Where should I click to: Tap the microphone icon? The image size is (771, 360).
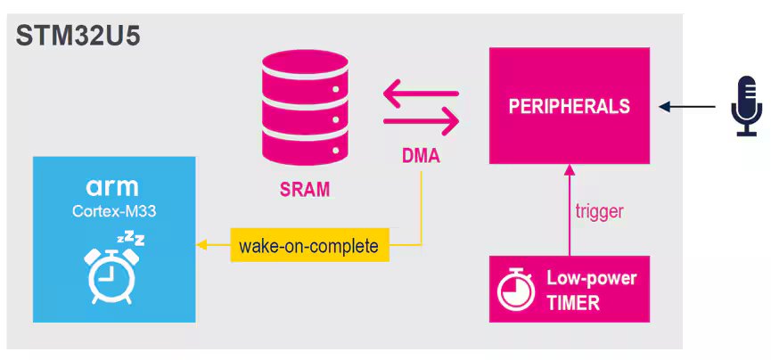coord(746,107)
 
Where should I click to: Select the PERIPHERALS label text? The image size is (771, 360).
coord(569,106)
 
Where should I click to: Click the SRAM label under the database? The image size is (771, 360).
coord(304,188)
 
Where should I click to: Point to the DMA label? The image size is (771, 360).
coord(419,158)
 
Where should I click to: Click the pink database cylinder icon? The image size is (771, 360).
coord(304,106)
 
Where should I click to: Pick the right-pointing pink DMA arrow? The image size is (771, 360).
coord(420,120)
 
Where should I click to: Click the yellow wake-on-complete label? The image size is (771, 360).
coord(309,245)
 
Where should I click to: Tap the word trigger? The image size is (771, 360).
coord(599,212)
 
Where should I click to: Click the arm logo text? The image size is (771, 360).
coord(112,186)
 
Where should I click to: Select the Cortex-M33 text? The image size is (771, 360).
coord(112,210)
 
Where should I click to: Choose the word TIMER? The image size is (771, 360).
coord(572,302)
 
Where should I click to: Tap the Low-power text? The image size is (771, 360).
coord(591,278)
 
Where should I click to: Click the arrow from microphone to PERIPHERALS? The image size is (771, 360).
coord(686,107)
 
